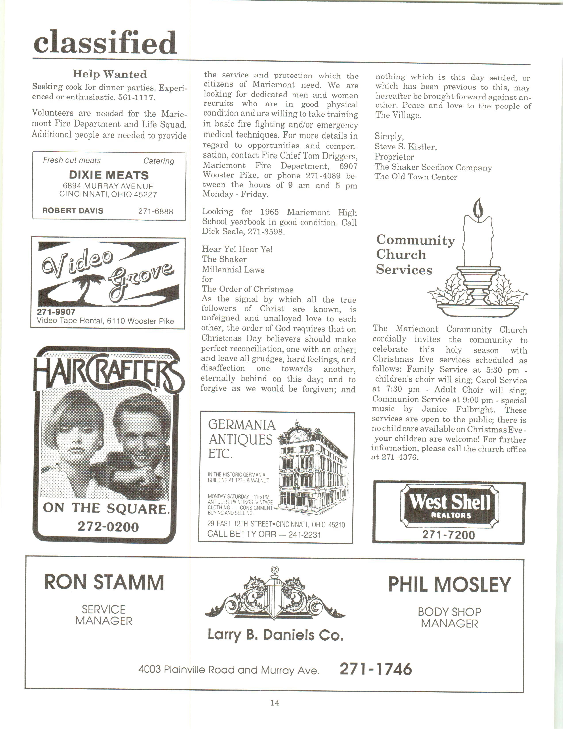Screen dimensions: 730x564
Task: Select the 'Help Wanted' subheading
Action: tap(109, 74)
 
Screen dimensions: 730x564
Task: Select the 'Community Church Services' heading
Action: tap(415, 255)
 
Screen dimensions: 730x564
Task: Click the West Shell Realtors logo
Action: tap(449, 506)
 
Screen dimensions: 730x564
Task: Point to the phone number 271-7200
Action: tap(448, 535)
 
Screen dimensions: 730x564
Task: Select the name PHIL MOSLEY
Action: tap(449, 585)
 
